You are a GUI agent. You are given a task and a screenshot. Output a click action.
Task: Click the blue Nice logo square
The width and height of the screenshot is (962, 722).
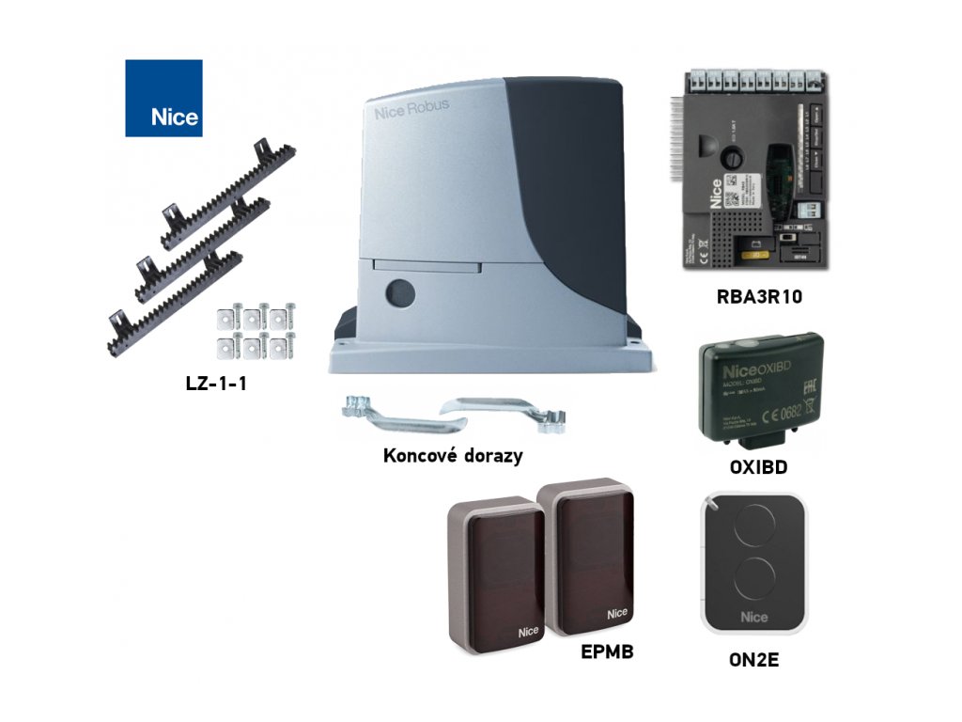[x=163, y=98]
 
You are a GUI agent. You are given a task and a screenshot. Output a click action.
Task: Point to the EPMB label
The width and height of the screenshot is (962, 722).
[x=607, y=649]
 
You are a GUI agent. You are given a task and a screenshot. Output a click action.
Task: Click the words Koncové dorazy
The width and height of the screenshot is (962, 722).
[x=453, y=456]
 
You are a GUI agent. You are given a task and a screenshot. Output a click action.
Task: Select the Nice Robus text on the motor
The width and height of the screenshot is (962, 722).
[x=411, y=111]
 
